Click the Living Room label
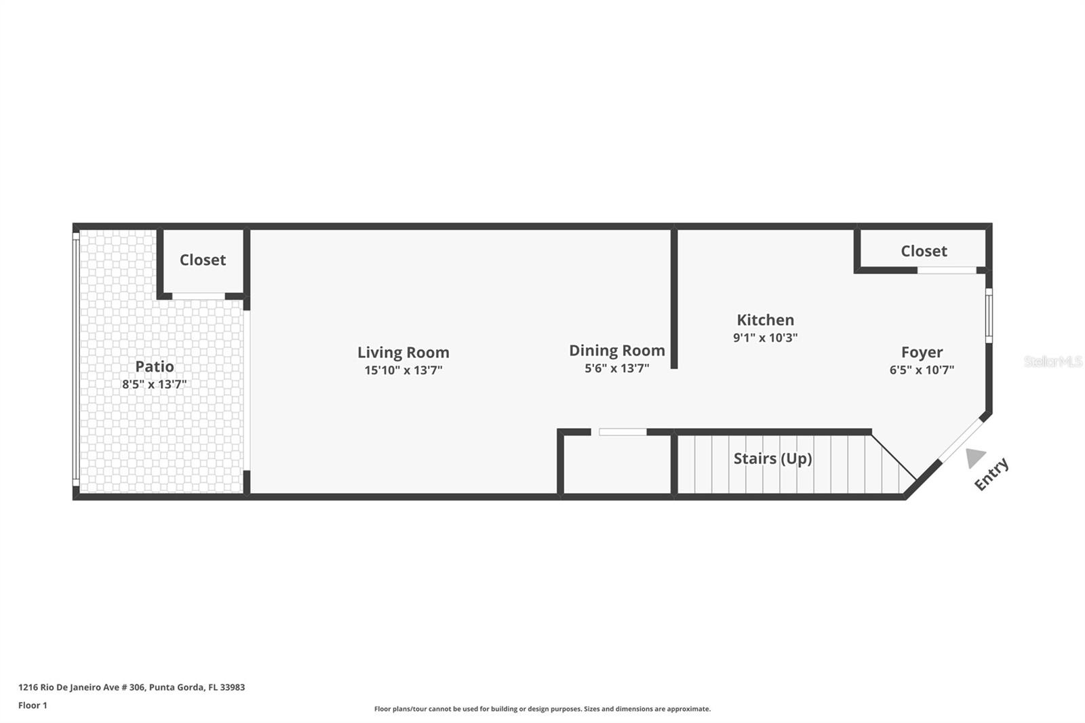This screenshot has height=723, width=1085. point(403,352)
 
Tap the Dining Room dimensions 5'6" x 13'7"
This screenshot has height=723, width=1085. point(616,368)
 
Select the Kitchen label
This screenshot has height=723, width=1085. point(766,320)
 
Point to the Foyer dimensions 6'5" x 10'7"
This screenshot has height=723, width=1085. point(922,370)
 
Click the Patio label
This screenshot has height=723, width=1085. point(155,366)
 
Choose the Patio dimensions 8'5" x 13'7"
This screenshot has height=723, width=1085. point(155,385)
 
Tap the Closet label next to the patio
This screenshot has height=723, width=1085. point(203,260)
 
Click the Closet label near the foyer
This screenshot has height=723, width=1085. point(924,251)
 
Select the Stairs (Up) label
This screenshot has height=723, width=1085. point(772,458)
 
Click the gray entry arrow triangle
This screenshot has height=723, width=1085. point(974,457)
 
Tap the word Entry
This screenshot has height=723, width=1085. point(991,474)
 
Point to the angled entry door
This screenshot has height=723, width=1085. point(962,440)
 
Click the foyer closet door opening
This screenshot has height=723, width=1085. point(947,271)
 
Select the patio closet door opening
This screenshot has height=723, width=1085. point(199,296)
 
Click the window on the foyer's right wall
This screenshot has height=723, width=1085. point(989,316)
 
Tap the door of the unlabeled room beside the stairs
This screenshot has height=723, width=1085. point(623,432)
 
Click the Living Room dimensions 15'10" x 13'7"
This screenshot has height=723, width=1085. point(403,370)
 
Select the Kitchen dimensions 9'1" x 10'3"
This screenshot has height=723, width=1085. point(766,338)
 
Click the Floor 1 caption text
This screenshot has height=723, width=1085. point(33,705)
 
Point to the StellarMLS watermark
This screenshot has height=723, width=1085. point(1053,361)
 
